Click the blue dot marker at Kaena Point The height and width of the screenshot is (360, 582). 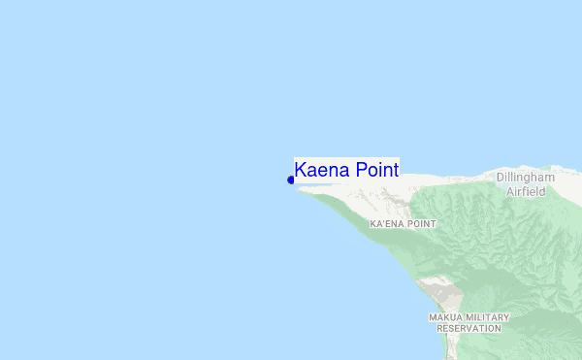(x=291, y=180)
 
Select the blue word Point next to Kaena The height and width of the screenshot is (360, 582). (x=376, y=170)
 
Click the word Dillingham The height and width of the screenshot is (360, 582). (x=525, y=178)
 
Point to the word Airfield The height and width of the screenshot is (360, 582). (x=526, y=191)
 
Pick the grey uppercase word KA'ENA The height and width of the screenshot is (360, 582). (x=387, y=224)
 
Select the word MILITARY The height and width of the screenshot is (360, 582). (x=487, y=317)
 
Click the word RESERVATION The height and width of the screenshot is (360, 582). (x=469, y=328)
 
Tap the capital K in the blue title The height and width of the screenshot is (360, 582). (x=301, y=170)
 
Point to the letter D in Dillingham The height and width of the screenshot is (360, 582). (x=501, y=178)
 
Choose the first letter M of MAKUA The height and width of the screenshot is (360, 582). (x=433, y=317)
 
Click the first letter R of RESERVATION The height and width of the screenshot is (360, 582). (x=439, y=328)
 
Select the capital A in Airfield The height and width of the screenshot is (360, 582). (x=510, y=191)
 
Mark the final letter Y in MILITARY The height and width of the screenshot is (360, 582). (x=506, y=317)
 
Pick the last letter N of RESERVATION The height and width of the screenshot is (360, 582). (x=498, y=328)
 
